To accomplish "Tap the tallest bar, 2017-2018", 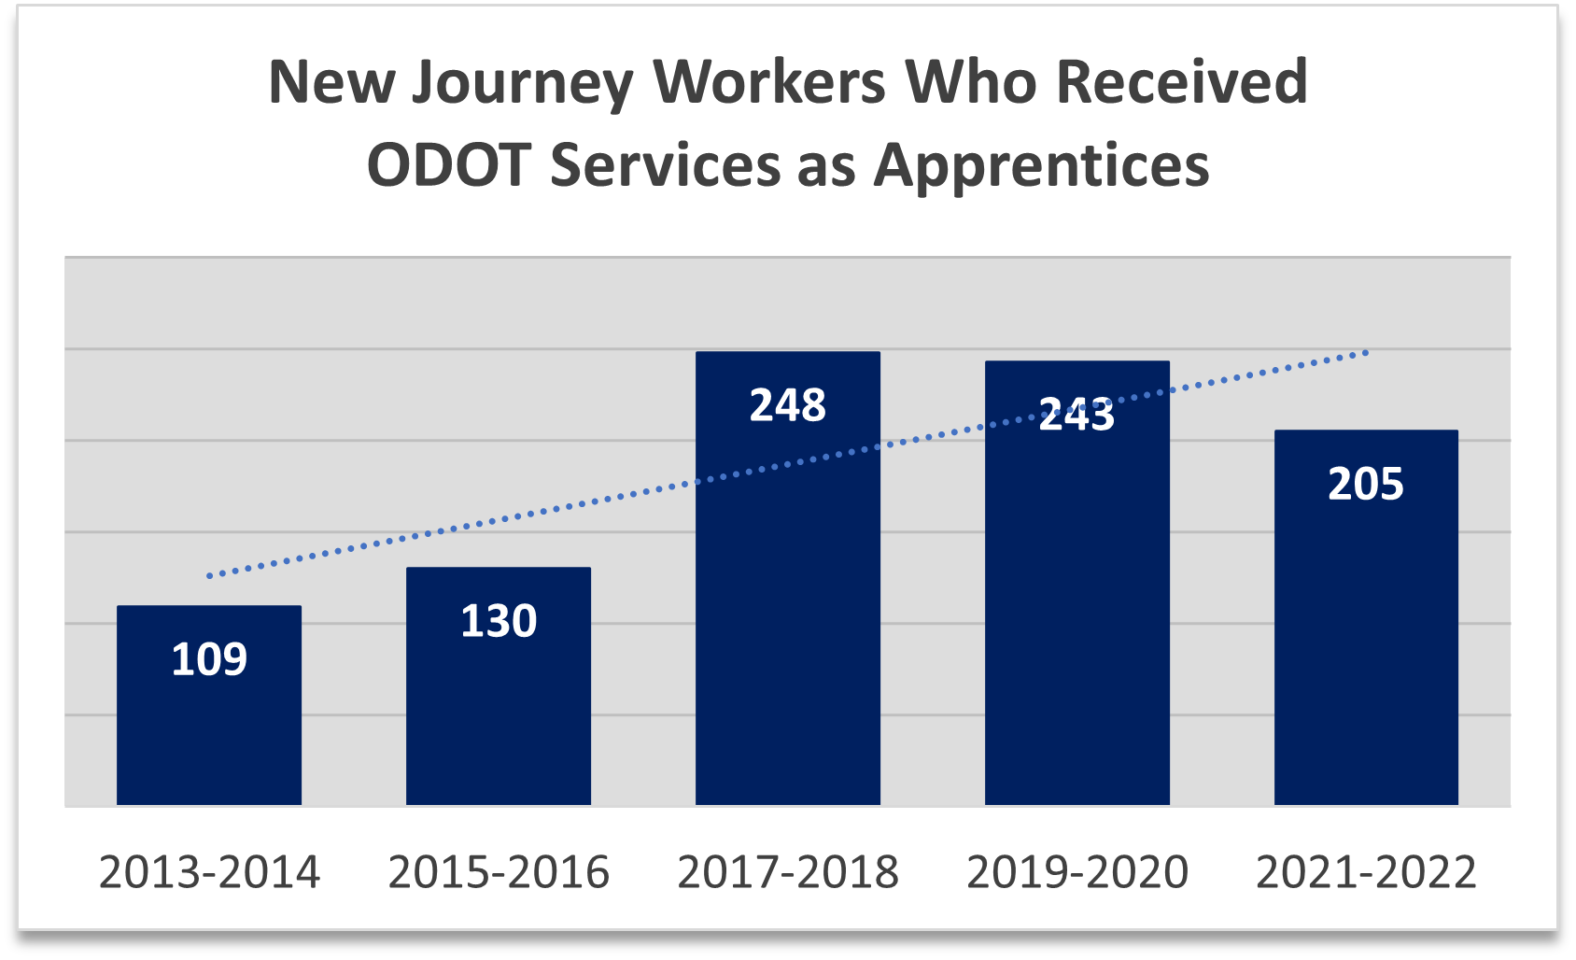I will [x=788, y=607].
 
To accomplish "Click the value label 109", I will [x=209, y=659].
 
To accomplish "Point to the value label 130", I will [x=499, y=621].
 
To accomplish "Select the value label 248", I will [x=788, y=405].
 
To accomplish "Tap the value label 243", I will [x=1077, y=415].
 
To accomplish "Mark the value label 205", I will [x=1366, y=484].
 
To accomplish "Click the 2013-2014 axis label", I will [x=209, y=872].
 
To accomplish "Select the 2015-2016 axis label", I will [x=499, y=872].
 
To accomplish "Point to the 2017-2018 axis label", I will [x=788, y=872].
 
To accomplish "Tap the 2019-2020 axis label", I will [x=1077, y=872].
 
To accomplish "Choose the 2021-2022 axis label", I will [x=1366, y=872].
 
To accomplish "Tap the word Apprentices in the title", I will [x=1041, y=166].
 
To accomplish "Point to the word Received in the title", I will [x=1181, y=82].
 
